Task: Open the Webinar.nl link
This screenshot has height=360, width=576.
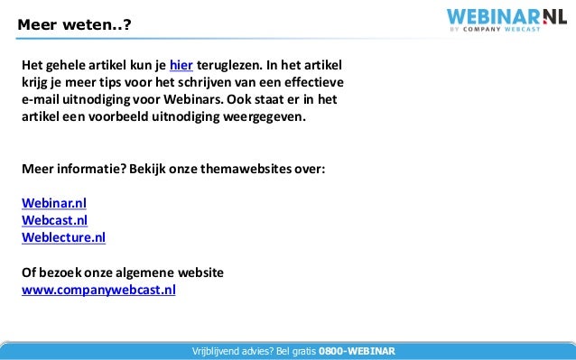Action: point(54,203)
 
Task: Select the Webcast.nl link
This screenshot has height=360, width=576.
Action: point(55,220)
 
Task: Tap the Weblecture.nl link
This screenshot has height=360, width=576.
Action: point(63,238)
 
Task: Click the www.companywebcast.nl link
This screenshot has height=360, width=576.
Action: point(98,291)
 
